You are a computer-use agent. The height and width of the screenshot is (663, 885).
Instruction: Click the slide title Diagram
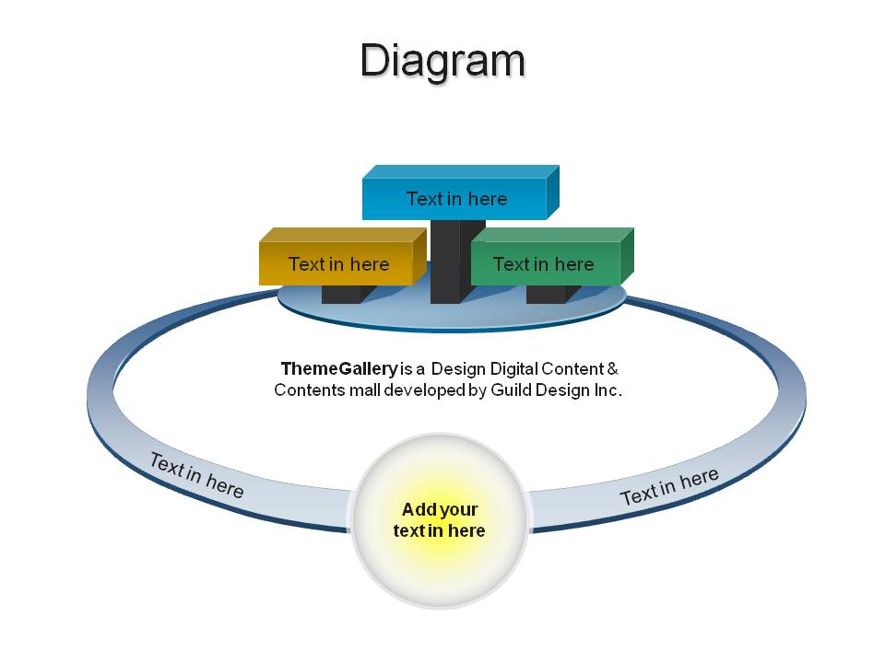(x=442, y=61)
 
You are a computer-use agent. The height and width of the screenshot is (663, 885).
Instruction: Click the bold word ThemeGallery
(x=339, y=368)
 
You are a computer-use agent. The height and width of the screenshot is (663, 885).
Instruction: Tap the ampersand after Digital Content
(x=612, y=368)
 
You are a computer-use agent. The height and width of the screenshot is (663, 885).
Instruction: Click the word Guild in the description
(x=511, y=390)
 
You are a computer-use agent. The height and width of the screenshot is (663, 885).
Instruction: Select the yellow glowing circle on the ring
(x=440, y=520)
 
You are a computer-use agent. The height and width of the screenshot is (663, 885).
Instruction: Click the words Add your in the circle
(x=440, y=509)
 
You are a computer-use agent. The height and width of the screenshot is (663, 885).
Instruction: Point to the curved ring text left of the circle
(x=196, y=475)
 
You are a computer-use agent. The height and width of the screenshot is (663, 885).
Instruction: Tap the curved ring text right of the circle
(x=669, y=486)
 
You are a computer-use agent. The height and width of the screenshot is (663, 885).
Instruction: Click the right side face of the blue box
(x=553, y=192)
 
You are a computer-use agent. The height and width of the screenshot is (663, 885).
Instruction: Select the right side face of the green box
(x=627, y=256)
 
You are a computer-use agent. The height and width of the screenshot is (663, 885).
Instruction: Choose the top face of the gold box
(x=343, y=235)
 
